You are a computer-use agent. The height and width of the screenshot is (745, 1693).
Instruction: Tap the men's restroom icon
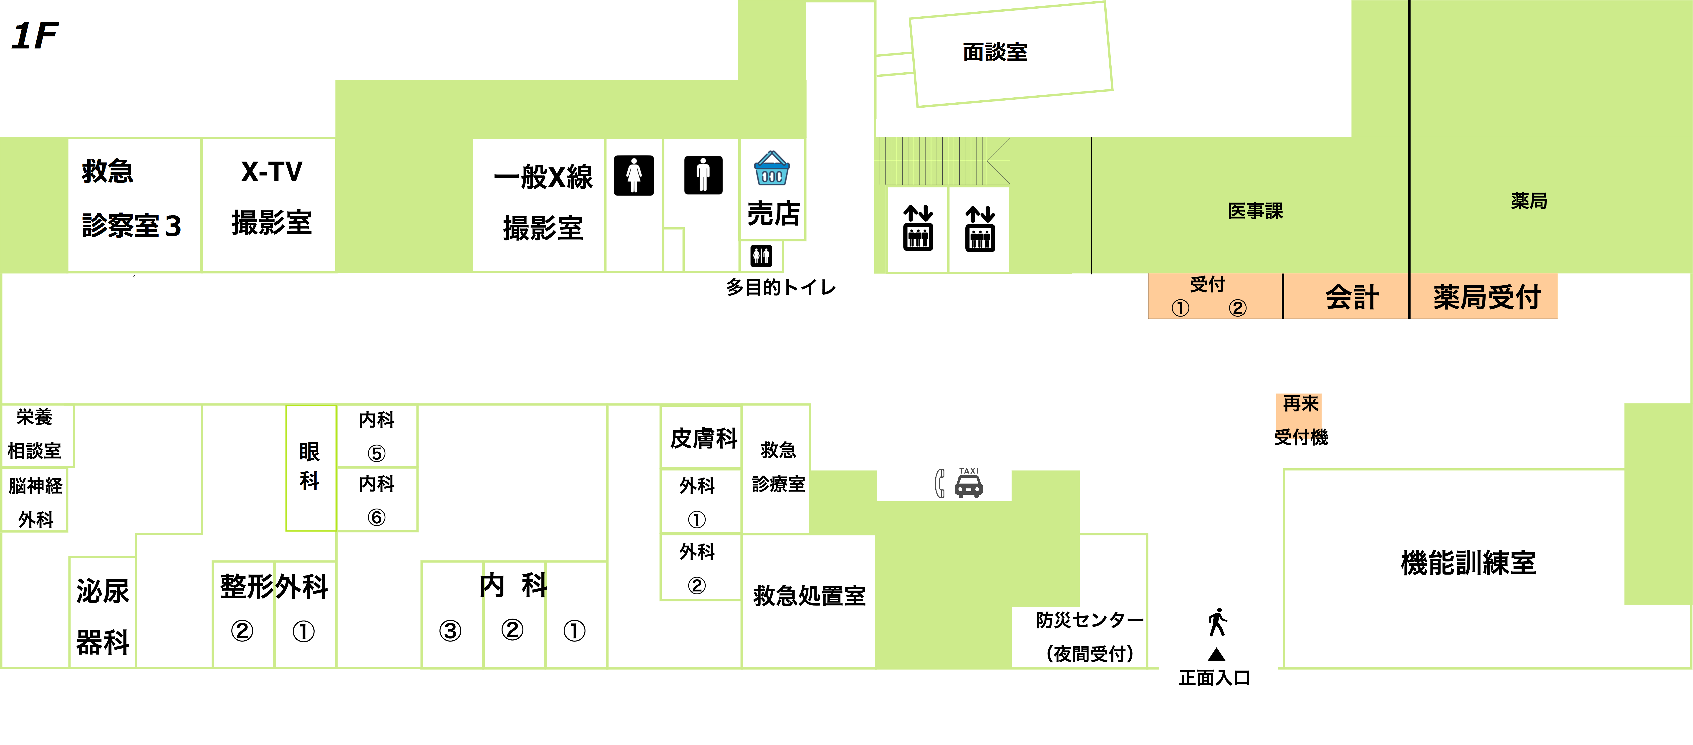tap(703, 175)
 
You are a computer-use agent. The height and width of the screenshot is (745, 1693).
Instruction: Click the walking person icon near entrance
tap(1217, 622)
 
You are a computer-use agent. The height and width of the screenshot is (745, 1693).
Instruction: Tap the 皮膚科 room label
tap(703, 438)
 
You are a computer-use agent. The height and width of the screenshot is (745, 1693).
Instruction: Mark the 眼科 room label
tap(310, 466)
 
